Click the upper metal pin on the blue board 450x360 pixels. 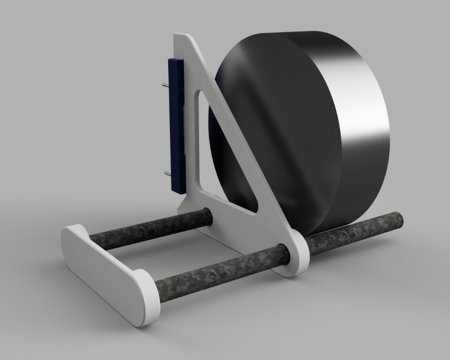point(165,85)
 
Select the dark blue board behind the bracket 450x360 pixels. point(176,127)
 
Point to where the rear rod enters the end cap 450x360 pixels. point(90,240)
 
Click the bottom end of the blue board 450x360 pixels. point(178,190)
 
